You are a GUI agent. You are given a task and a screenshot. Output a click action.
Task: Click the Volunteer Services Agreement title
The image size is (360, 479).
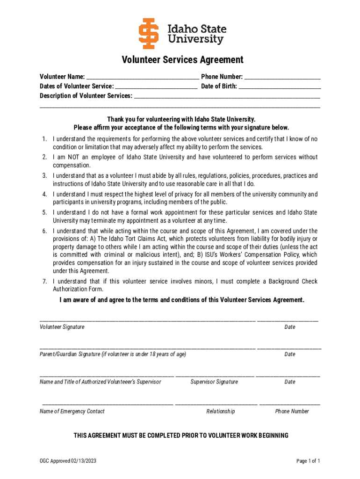[183, 60]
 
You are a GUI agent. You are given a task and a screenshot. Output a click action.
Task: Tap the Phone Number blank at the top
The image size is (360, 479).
[282, 77]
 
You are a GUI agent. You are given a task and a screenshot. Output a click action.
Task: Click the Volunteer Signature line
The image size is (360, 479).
[147, 321]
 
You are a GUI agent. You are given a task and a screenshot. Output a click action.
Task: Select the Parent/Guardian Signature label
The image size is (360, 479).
[113, 354]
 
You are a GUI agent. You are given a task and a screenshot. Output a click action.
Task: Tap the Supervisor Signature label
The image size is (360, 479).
[214, 382]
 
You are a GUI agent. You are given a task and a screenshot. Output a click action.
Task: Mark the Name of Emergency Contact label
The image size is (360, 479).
[72, 411]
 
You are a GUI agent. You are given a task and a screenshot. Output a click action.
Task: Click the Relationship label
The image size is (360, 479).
[220, 411]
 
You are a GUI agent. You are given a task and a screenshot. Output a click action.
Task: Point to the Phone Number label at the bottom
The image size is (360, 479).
[292, 411]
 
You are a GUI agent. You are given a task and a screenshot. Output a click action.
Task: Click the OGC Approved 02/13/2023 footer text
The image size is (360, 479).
[68, 461]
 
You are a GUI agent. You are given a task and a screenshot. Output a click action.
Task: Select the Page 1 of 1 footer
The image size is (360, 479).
[308, 461]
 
